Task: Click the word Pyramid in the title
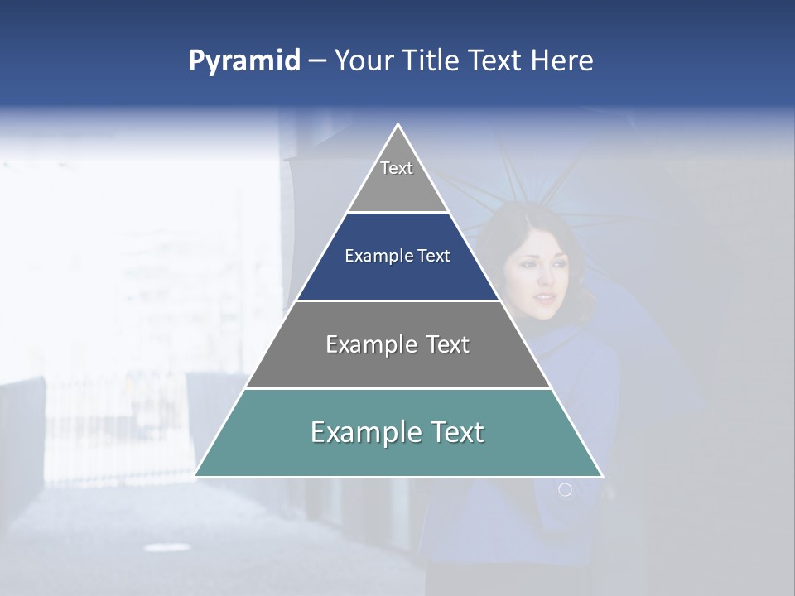coord(243,61)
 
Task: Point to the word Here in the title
coord(561,61)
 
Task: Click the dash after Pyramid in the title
coord(317,61)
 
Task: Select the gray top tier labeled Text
coord(397,186)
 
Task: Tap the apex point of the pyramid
coord(398,124)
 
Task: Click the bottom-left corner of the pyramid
coord(195,476)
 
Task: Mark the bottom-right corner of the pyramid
coord(602,476)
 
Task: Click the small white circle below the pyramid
coord(565,490)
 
